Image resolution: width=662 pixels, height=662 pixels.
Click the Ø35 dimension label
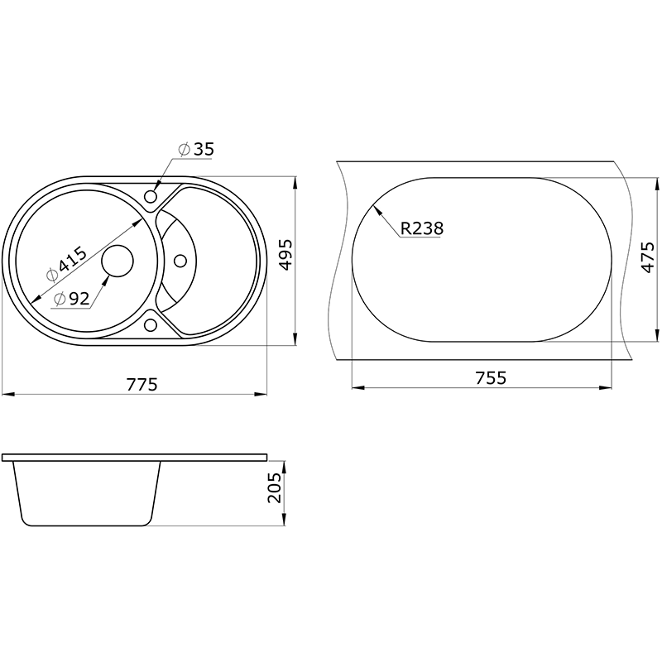[x=196, y=149]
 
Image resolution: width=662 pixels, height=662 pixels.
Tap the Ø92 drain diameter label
[x=72, y=299]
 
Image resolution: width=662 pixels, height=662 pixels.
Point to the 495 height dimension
[x=285, y=255]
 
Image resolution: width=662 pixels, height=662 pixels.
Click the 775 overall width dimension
[x=142, y=385]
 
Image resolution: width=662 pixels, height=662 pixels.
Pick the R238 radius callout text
[x=422, y=228]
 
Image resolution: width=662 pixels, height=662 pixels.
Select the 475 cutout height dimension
[x=647, y=257]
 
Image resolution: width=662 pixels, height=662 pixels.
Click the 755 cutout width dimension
[x=491, y=378]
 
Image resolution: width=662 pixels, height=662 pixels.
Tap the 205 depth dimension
[x=275, y=487]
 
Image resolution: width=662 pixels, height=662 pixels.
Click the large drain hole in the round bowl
[x=118, y=261]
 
